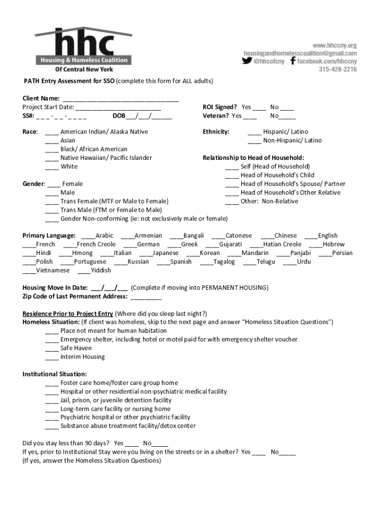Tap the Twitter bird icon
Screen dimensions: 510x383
(x=247, y=61)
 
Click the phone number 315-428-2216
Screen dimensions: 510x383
(x=338, y=70)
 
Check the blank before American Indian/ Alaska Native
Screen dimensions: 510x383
(x=51, y=132)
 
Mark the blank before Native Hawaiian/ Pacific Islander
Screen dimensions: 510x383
(x=51, y=158)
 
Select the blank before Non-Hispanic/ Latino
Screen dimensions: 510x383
(x=254, y=141)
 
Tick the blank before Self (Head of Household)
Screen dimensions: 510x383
(x=231, y=167)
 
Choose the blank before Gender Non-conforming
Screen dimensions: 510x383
(x=51, y=219)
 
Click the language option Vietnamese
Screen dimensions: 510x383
(x=52, y=270)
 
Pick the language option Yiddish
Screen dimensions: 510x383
(x=101, y=270)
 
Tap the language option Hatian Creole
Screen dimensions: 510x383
(x=282, y=245)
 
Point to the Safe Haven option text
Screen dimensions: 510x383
(x=76, y=348)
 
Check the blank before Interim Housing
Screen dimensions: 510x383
(x=51, y=358)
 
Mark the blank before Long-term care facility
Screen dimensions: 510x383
(x=51, y=409)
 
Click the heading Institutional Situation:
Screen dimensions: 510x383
(x=55, y=374)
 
